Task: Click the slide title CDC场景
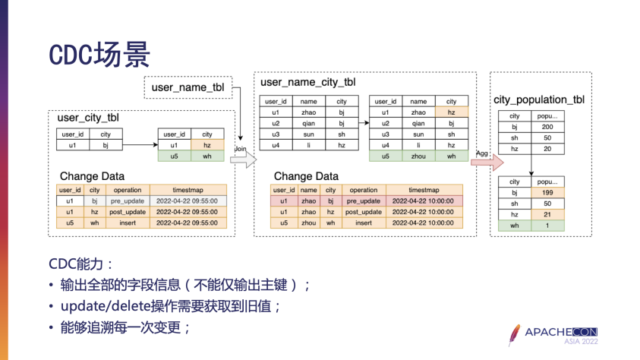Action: coord(99,54)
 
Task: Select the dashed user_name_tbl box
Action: coord(188,87)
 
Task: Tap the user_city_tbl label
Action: coord(88,118)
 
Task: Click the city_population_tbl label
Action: coord(539,99)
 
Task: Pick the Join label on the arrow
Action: coord(241,148)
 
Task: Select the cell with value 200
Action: coord(547,127)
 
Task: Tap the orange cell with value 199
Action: coord(547,193)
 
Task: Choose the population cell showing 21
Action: coord(547,215)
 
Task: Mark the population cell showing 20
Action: coord(547,149)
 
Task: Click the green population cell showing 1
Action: coord(547,226)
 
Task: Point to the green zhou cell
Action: coord(418,156)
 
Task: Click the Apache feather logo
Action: coord(516,334)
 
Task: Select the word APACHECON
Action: coord(575,332)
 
